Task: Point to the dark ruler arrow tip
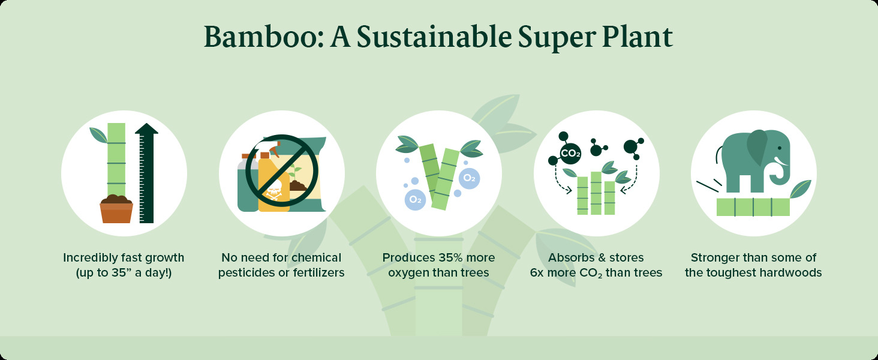coord(146,124)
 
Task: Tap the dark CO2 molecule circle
coord(570,154)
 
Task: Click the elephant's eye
coord(780,148)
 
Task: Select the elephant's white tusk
coord(780,161)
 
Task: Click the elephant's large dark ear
coord(757,148)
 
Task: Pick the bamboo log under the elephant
coord(753,207)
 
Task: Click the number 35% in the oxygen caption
coord(450,257)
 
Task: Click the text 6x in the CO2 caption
coord(537,272)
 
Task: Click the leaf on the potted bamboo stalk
coord(98,135)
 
